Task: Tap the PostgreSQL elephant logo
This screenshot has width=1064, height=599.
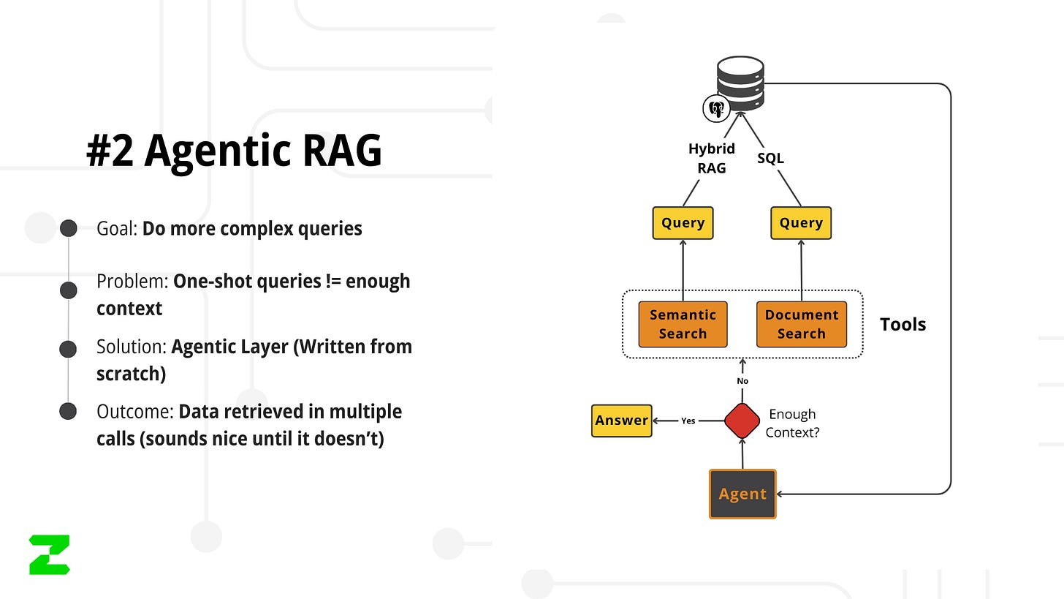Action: click(716, 109)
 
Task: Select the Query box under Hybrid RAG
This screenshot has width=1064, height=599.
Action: click(683, 223)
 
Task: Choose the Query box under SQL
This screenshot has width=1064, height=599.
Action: click(801, 223)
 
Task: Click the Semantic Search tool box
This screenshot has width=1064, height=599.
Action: click(683, 324)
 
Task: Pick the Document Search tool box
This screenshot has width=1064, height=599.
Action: click(802, 324)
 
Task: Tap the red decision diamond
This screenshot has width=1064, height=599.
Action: click(742, 421)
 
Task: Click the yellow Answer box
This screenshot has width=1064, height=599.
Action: click(621, 421)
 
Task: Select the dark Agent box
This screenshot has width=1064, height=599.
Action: click(742, 494)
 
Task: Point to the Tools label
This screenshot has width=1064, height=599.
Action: click(902, 324)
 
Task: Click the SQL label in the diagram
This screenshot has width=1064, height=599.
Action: click(770, 158)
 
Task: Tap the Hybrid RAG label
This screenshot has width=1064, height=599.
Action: click(712, 158)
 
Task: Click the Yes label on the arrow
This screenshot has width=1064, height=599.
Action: click(688, 421)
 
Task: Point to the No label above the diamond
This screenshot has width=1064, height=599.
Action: click(742, 381)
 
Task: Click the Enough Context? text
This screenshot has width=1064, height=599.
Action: click(792, 423)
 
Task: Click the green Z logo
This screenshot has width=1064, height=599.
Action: click(50, 554)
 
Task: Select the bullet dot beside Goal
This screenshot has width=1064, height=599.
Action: click(69, 228)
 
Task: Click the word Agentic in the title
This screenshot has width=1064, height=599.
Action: click(217, 151)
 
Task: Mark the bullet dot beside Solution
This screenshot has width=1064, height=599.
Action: click(68, 349)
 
